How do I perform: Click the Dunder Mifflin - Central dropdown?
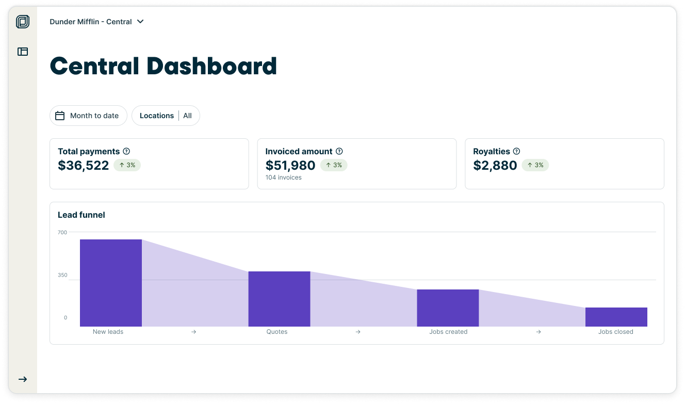96,22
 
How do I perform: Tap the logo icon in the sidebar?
23,22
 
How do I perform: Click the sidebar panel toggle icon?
23,52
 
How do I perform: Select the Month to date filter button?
88,116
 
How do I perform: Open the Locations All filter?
166,116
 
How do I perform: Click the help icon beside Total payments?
126,151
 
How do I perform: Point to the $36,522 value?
84,165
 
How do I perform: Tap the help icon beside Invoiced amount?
339,151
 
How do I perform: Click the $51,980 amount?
290,165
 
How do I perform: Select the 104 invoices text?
283,177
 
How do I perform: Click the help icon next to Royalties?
516,151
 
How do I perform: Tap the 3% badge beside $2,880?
535,165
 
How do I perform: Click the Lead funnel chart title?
81,215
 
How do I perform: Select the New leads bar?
111,283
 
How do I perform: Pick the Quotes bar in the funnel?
279,299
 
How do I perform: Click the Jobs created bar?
448,308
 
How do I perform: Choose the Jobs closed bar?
616,317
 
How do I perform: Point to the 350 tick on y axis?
62,275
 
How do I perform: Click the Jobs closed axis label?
615,332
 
